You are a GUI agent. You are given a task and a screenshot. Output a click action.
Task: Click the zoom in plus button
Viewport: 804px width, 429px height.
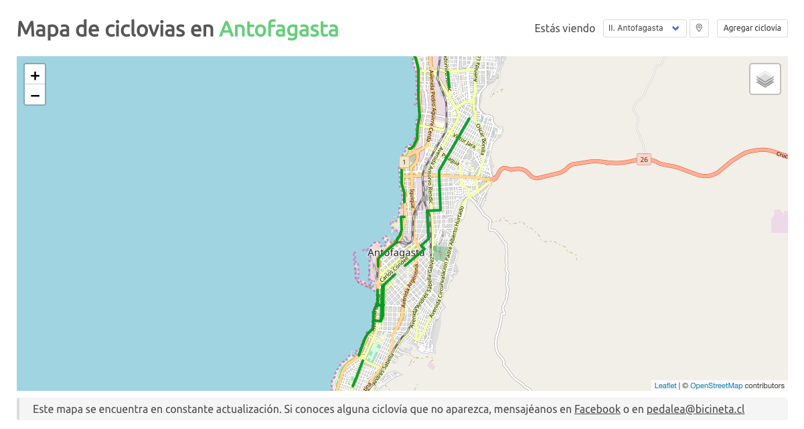(35, 75)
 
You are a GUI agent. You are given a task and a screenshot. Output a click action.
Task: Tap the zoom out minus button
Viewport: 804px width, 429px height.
(35, 96)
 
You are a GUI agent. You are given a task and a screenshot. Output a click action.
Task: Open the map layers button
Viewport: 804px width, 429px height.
(765, 79)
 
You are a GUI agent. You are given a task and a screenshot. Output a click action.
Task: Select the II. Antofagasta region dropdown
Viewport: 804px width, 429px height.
(645, 28)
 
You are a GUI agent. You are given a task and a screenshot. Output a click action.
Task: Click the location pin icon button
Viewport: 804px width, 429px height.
(699, 28)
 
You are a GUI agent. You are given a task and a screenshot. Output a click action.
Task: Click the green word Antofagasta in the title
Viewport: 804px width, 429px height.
(278, 29)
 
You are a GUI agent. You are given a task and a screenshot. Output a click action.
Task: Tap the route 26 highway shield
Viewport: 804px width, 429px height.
(644, 159)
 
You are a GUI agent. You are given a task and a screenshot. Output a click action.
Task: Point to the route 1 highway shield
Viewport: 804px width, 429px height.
(404, 162)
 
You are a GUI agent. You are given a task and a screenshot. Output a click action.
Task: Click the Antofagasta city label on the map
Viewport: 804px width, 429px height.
(396, 253)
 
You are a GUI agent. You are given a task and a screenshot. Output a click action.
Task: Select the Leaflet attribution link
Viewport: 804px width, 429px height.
(665, 385)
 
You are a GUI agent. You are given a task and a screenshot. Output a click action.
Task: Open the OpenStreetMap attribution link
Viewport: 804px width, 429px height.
(716, 385)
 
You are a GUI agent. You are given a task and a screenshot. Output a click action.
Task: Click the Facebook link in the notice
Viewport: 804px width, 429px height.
(597, 409)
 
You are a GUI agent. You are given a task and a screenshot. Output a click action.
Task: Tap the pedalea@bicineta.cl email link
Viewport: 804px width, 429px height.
(696, 409)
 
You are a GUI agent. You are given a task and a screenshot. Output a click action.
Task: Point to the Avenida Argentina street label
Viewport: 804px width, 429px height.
(409, 288)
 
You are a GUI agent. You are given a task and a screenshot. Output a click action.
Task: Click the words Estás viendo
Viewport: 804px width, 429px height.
(564, 28)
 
